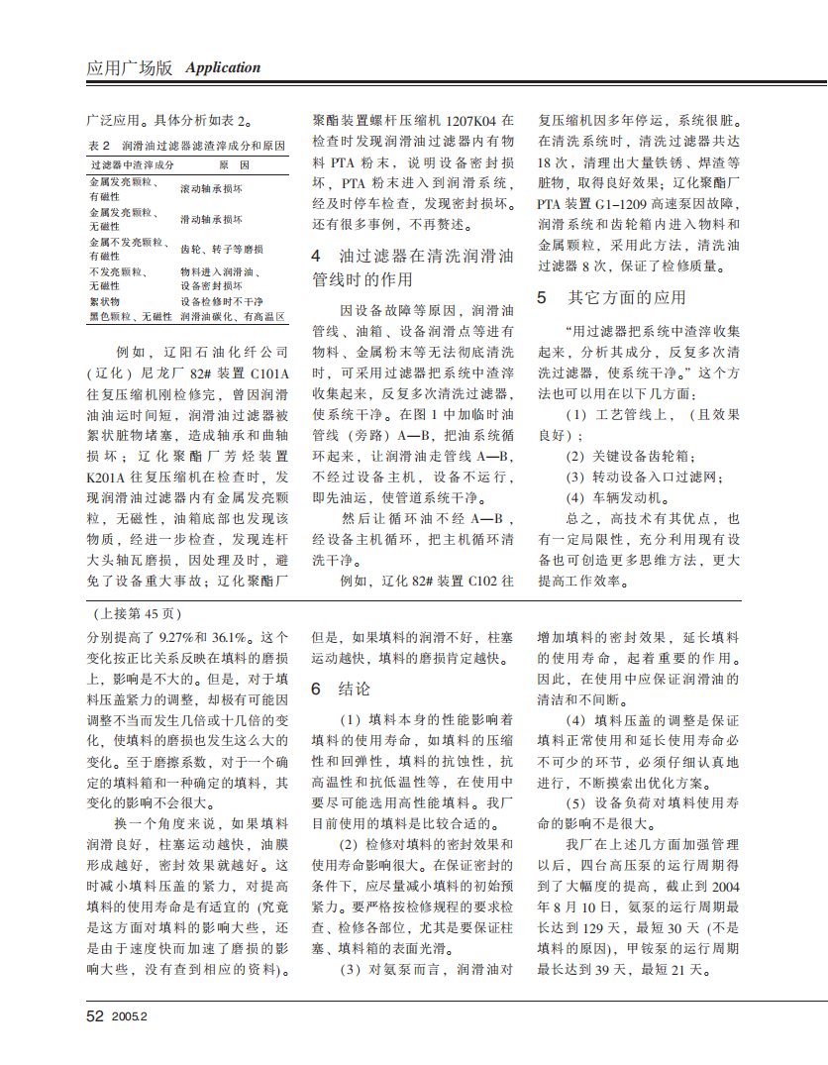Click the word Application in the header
(223, 67)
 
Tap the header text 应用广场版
(130, 67)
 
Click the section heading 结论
(355, 689)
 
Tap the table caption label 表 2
(99, 145)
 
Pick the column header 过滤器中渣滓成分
(132, 164)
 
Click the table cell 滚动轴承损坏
(211, 188)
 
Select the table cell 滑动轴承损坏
(211, 219)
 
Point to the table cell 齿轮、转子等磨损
(221, 249)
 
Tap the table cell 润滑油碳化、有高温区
(233, 317)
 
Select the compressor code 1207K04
(468, 120)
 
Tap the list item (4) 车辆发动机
(629, 497)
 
